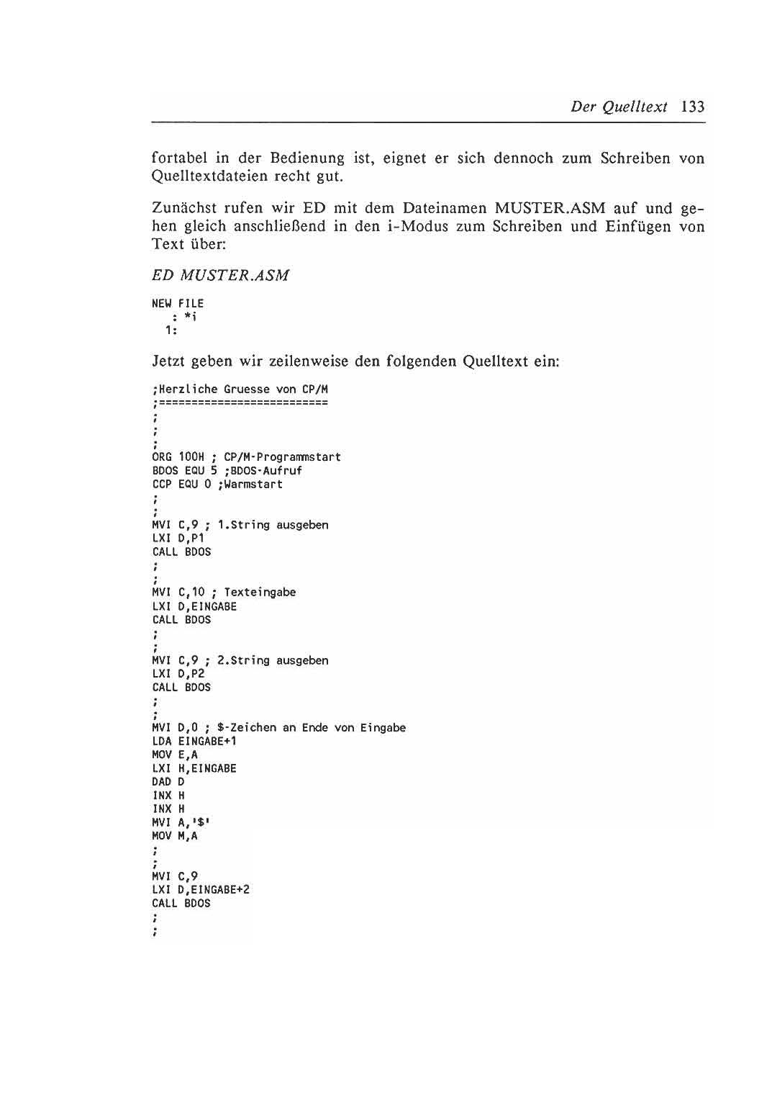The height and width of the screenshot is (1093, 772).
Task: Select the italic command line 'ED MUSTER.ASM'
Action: [221, 276]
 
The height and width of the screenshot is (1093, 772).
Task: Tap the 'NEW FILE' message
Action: [178, 304]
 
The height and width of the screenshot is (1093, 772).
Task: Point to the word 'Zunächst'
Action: [183, 209]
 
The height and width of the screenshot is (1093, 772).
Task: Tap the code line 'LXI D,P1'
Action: [178, 539]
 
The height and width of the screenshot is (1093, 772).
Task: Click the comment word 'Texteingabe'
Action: [260, 593]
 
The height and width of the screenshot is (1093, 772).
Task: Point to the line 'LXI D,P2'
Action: [178, 674]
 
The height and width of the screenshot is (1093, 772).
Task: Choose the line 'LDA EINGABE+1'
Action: [194, 742]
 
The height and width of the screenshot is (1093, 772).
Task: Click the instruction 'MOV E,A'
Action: [175, 755]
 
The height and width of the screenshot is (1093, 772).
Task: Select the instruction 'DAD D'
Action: [168, 782]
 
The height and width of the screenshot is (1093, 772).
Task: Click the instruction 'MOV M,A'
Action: [175, 836]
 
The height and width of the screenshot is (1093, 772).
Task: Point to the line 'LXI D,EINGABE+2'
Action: [201, 890]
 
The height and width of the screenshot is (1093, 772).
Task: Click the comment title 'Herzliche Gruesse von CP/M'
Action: [241, 390]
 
